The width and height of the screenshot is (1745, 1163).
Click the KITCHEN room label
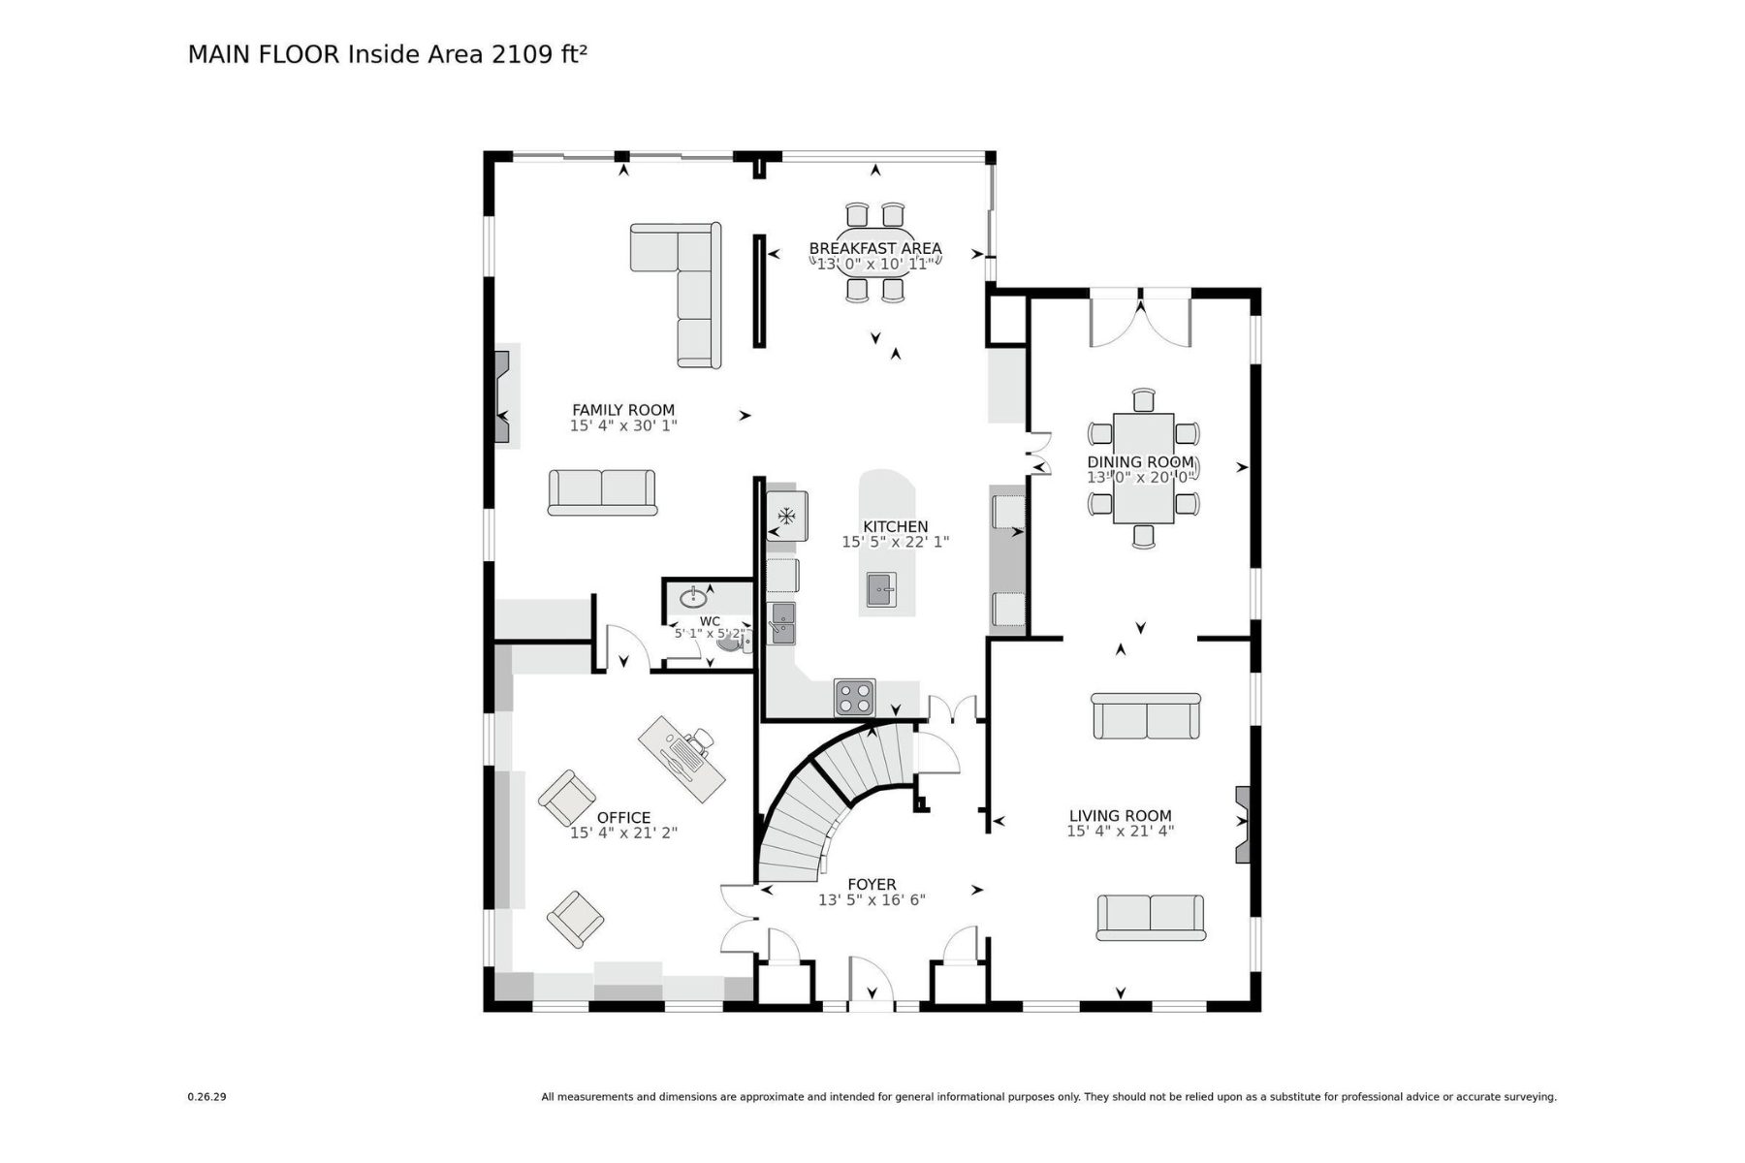click(895, 527)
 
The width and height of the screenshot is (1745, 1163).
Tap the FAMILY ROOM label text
click(623, 410)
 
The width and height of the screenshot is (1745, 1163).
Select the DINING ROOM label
click(1140, 462)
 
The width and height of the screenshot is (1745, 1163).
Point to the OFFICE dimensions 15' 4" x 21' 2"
click(623, 833)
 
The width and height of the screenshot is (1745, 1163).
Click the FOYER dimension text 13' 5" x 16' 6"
click(872, 899)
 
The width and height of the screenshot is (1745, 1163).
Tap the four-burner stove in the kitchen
click(855, 698)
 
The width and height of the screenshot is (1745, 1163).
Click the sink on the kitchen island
click(881, 589)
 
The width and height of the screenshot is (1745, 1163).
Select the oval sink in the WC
click(693, 597)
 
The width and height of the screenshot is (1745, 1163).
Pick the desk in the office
click(682, 759)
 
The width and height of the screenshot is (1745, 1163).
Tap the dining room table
click(1144, 468)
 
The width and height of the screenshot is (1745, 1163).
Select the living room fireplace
click(1243, 825)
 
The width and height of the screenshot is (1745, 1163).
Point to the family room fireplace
click(502, 396)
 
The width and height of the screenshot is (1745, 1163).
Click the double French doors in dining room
click(1140, 318)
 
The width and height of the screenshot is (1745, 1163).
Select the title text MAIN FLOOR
click(264, 54)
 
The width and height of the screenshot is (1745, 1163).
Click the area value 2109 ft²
click(539, 54)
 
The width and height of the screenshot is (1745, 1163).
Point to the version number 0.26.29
click(206, 1097)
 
